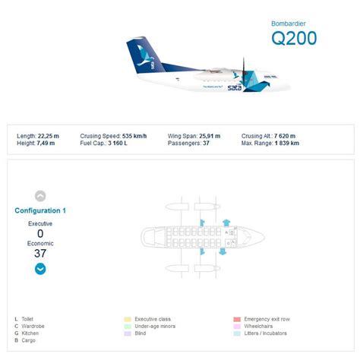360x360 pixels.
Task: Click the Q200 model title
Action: [294, 38]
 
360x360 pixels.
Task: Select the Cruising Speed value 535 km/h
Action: [134, 136]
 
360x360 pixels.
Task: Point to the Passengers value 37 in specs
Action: [206, 143]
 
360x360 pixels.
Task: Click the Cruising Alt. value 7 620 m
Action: [288, 136]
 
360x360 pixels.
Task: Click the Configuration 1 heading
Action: [40, 210]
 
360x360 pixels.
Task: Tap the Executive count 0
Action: [40, 233]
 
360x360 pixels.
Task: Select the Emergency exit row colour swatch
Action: [237, 319]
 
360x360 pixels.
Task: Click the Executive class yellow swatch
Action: [128, 319]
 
